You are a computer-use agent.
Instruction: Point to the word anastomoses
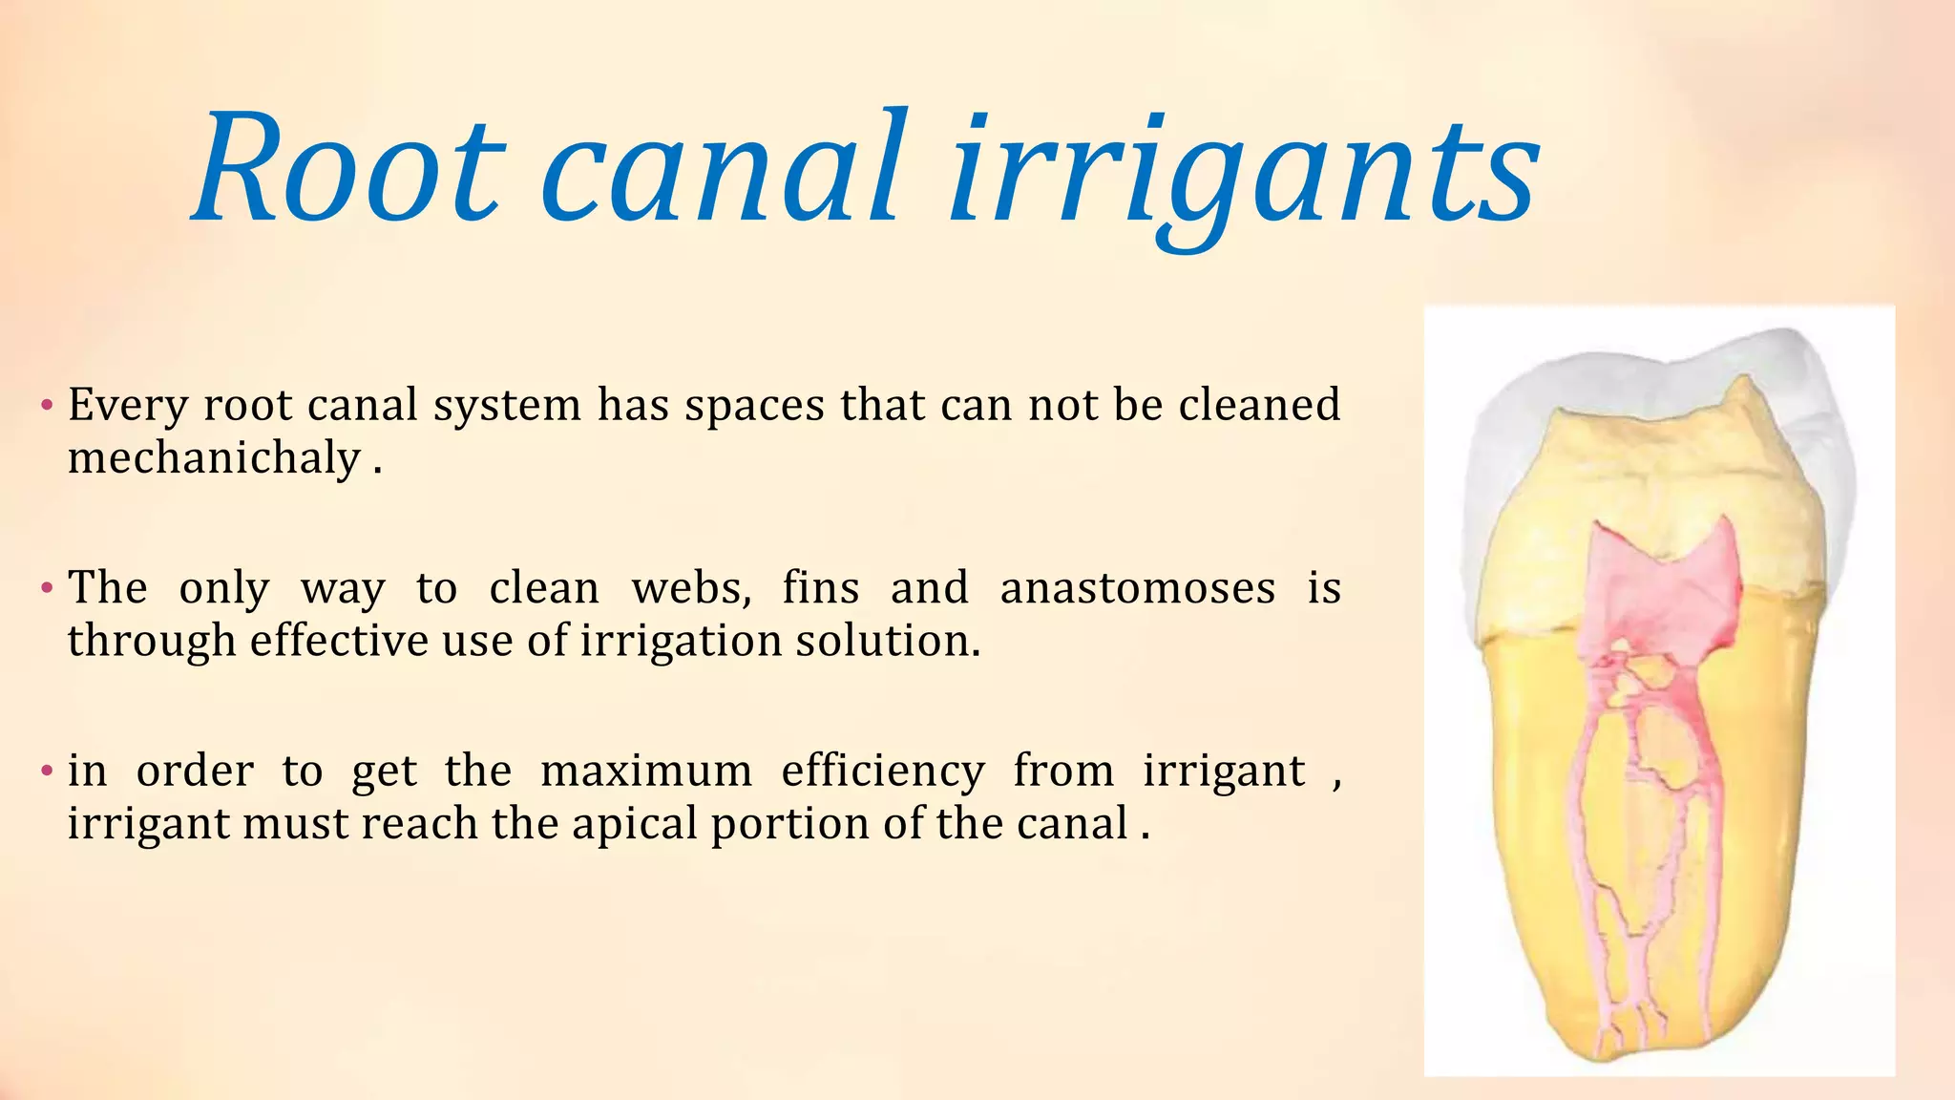pos(1137,587)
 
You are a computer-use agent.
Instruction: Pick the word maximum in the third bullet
pos(646,771)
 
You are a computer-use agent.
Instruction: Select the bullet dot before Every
pos(46,405)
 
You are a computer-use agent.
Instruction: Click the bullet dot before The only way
pos(46,587)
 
